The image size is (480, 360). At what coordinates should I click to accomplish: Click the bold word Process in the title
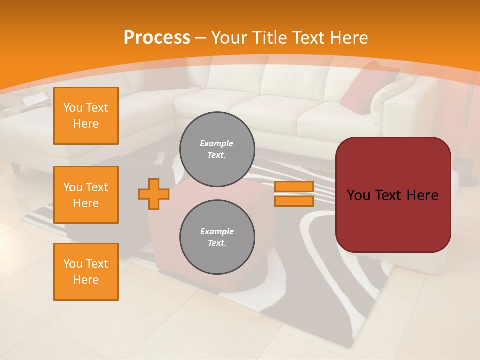pyautogui.click(x=157, y=38)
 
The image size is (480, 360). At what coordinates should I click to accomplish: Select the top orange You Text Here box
pyautogui.click(x=86, y=116)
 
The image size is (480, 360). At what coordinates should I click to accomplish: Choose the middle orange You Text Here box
pyautogui.click(x=86, y=195)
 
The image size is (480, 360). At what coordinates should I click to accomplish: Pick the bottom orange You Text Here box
pyautogui.click(x=86, y=272)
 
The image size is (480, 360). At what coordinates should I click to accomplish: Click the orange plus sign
pyautogui.click(x=153, y=194)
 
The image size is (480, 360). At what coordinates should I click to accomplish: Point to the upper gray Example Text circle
pyautogui.click(x=217, y=149)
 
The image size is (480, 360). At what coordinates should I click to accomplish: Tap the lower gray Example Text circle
pyautogui.click(x=217, y=237)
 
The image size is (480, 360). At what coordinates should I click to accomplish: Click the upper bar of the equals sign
pyautogui.click(x=294, y=187)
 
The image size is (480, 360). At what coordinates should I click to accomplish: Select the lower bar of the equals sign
pyautogui.click(x=294, y=201)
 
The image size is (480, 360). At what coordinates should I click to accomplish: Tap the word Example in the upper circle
pyautogui.click(x=217, y=143)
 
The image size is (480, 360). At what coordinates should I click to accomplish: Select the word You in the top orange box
pyautogui.click(x=72, y=108)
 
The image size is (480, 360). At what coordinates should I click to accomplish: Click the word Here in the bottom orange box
pyautogui.click(x=86, y=280)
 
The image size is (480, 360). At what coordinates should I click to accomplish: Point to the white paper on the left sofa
pyautogui.click(x=36, y=100)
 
